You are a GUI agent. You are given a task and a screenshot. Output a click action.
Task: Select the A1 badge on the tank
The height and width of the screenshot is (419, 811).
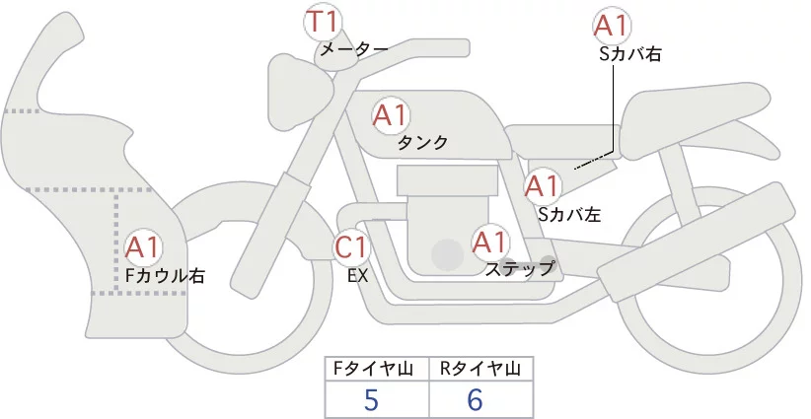pos(390,115)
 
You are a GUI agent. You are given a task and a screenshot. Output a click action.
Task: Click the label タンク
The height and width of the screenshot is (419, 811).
pos(422,143)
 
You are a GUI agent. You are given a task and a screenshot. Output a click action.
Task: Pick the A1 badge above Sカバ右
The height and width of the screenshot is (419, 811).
pos(612,27)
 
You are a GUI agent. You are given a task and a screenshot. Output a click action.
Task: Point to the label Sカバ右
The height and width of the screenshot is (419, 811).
pos(629,55)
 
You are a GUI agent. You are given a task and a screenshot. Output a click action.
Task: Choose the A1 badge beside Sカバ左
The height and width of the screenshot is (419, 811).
pos(542,184)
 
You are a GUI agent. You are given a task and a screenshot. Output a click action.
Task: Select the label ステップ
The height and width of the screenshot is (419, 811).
pos(520,267)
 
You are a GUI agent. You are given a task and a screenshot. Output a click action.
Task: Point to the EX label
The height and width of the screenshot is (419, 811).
pos(357,276)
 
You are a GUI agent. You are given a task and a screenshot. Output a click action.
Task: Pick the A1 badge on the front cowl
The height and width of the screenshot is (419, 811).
pos(144,246)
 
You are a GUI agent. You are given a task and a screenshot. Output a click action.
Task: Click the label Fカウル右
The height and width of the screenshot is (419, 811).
pos(165,276)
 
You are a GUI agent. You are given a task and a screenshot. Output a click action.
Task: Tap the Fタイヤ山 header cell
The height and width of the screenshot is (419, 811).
pos(376,369)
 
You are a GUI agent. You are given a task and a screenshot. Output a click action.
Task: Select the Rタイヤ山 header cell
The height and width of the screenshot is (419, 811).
pos(480,369)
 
